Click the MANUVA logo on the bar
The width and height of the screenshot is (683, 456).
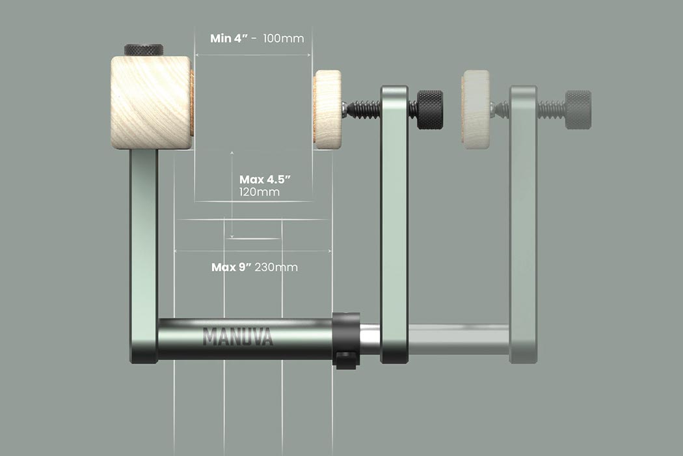click(238, 336)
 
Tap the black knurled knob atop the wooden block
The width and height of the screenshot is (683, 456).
click(144, 50)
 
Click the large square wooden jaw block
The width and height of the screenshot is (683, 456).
click(151, 102)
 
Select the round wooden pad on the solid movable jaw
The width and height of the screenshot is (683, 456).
click(328, 109)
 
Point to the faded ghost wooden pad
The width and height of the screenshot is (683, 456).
click(475, 109)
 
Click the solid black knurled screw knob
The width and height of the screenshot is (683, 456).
click(430, 109)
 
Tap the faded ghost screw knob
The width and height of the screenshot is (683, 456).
click(578, 109)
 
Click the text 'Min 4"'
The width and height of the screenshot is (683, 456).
click(229, 38)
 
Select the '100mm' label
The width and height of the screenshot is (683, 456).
click(284, 38)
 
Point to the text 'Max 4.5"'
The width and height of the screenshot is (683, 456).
click(265, 179)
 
